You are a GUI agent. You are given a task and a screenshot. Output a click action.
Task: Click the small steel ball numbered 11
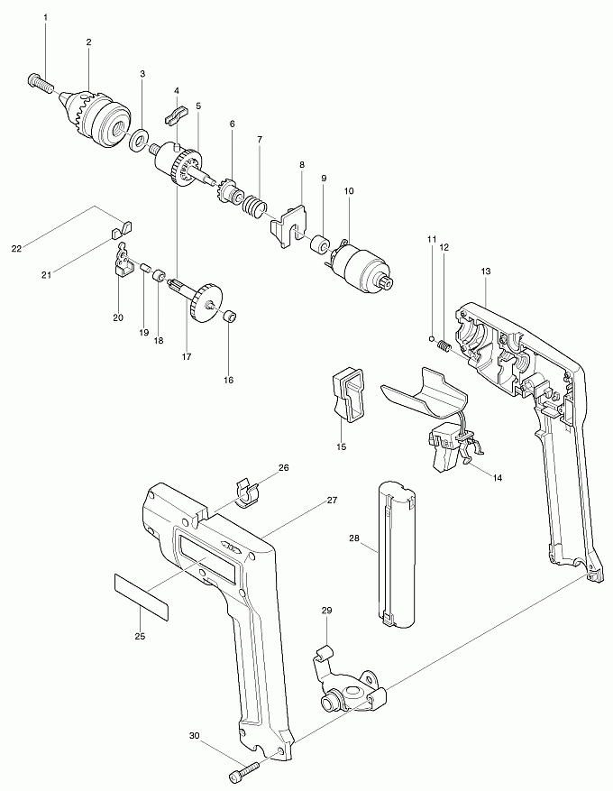[x=431, y=337]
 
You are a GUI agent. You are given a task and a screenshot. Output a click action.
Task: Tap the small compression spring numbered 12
[x=444, y=345]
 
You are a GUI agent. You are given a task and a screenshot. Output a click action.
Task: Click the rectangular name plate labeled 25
[x=142, y=596]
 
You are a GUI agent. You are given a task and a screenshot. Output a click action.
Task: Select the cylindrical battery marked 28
[x=398, y=554]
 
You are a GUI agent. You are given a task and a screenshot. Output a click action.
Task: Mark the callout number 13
[x=486, y=271]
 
